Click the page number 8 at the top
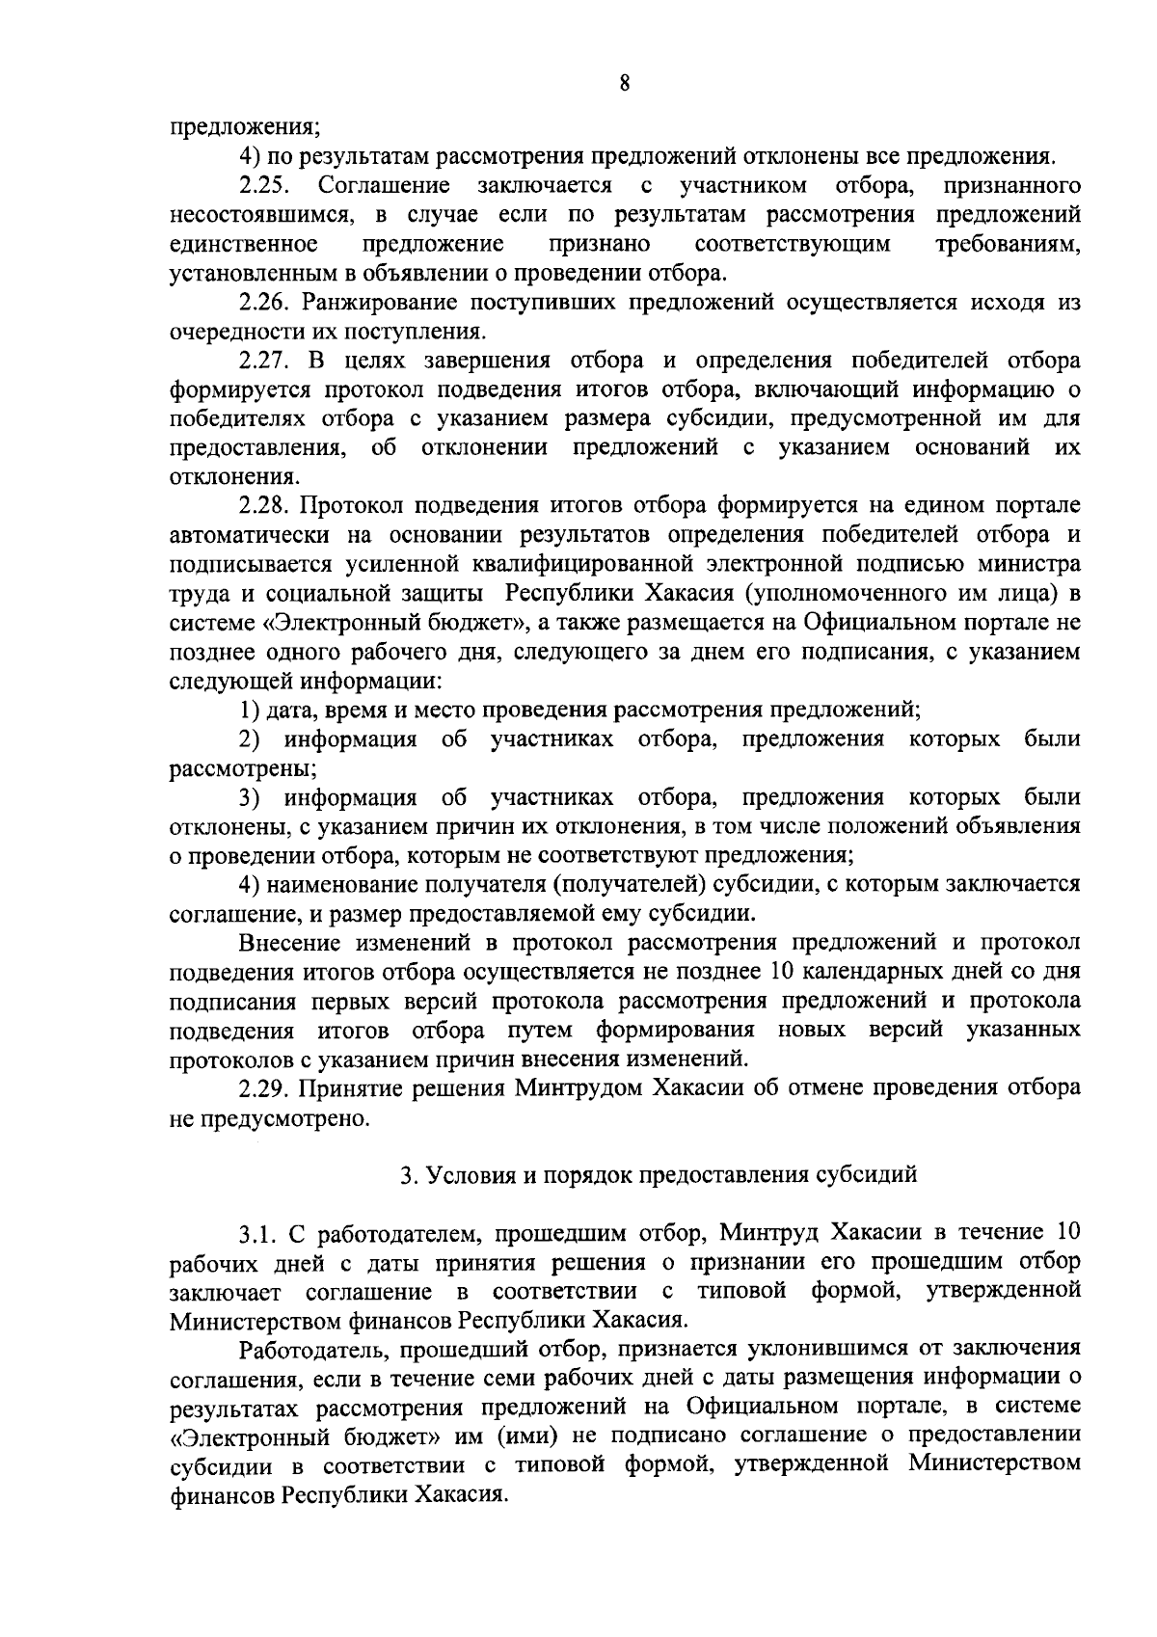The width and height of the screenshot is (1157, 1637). tap(625, 83)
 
